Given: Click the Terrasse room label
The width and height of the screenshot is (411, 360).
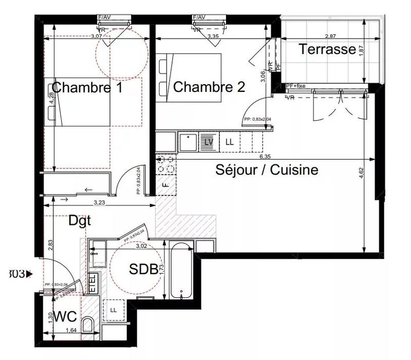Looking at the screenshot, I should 327,49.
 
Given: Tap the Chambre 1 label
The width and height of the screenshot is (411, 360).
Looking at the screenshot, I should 87,87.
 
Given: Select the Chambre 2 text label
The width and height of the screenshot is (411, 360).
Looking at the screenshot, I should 209,87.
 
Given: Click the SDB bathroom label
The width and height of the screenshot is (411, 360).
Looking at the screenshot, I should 143,269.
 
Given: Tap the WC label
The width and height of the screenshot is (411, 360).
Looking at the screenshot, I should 65,315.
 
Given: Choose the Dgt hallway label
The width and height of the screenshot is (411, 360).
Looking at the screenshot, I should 80,221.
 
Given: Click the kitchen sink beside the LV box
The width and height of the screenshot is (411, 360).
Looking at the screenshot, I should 188,142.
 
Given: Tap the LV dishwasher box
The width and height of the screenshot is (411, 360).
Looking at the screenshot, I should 209,142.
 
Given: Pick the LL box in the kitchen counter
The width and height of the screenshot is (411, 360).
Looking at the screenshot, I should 229,142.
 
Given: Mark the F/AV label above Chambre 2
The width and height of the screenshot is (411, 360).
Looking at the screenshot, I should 199,17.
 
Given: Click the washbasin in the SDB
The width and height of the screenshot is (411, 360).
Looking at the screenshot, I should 97,253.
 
